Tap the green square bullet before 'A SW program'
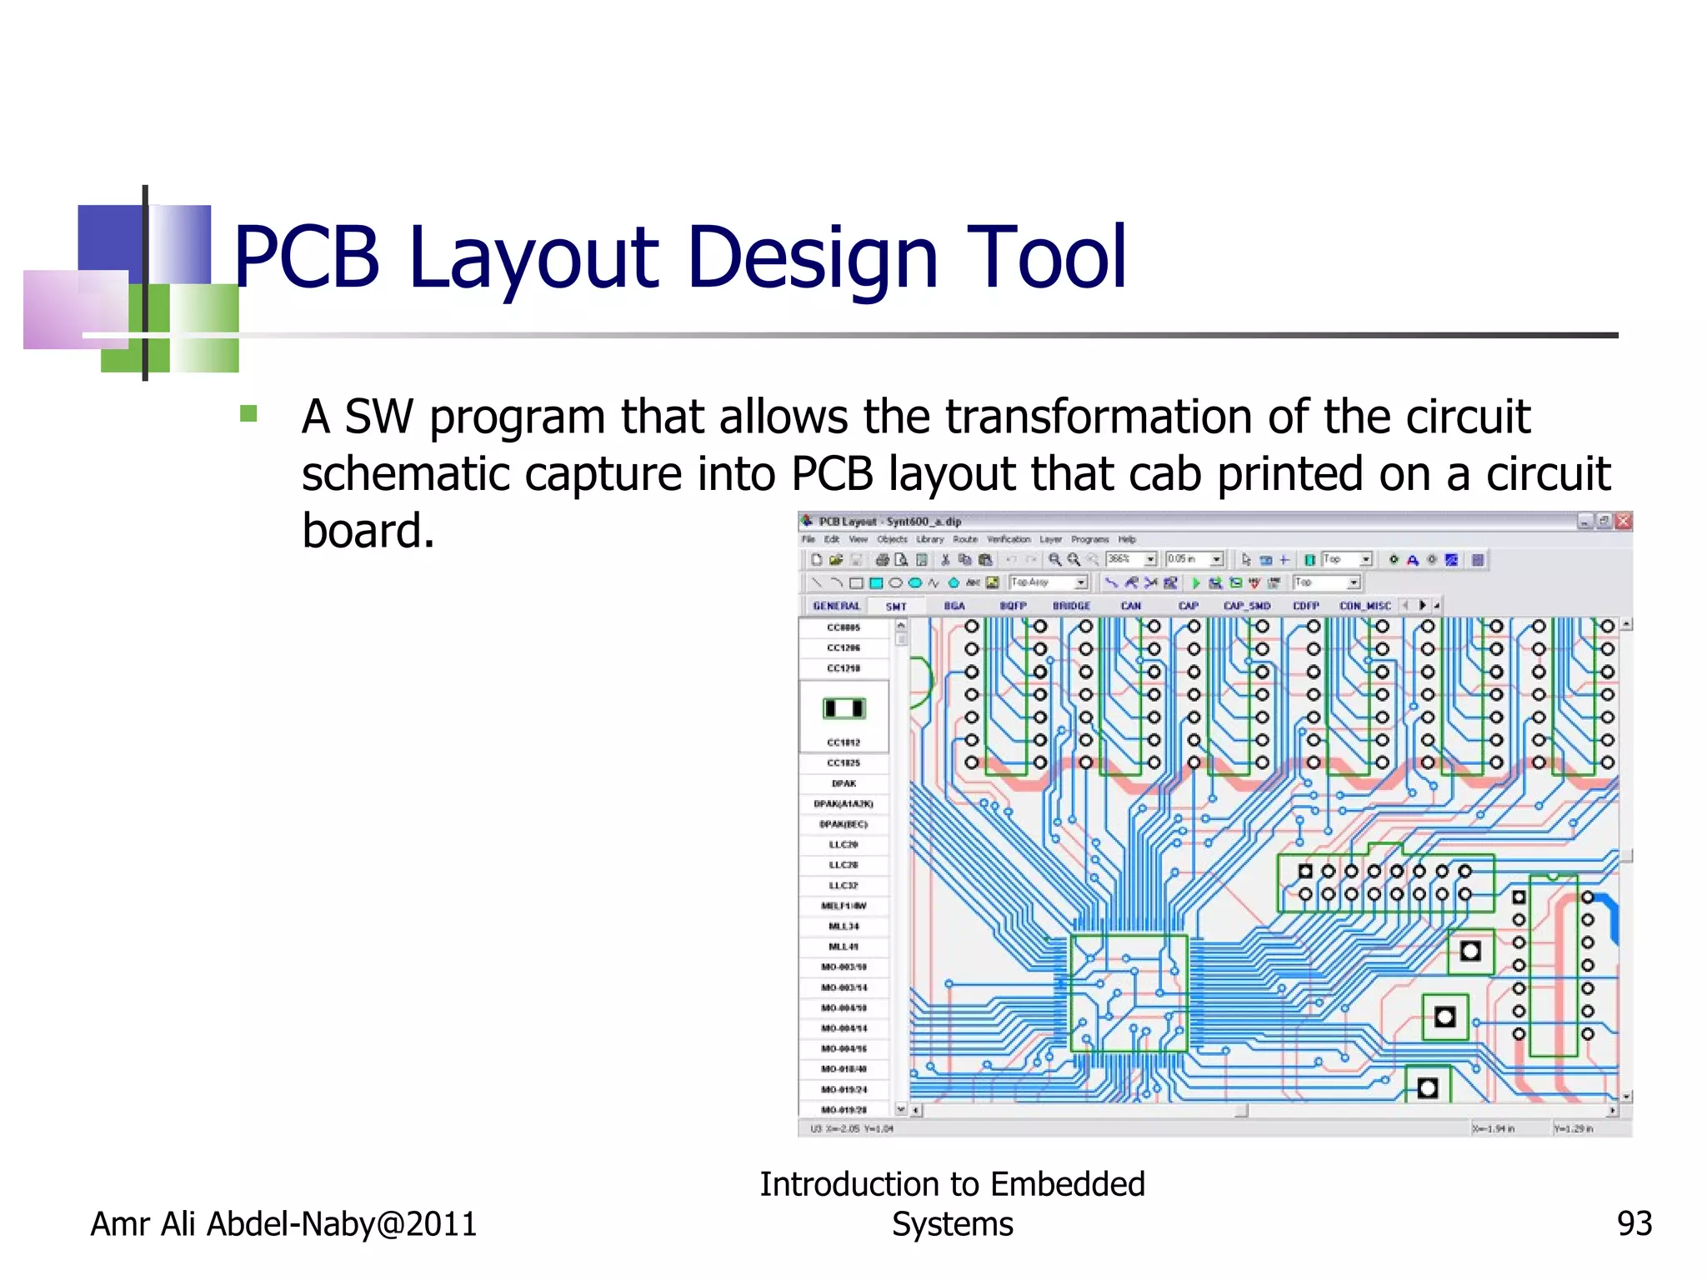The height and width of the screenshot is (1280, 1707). coord(248,413)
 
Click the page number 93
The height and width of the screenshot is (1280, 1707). coord(1634,1223)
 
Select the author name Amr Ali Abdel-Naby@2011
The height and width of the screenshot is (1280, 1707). coord(283,1223)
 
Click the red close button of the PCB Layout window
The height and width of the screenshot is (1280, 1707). coord(1623,522)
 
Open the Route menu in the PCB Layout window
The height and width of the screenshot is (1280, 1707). coord(964,539)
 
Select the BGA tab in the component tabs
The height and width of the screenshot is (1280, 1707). coord(954,606)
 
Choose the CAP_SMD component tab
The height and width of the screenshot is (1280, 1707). coord(1246,606)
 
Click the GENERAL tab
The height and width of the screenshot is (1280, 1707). coord(836,606)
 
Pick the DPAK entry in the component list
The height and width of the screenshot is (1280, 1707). coord(843,783)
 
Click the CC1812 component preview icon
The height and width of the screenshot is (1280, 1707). coord(843,708)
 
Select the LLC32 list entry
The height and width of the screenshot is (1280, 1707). coord(843,885)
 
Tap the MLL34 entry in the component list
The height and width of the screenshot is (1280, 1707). coord(843,926)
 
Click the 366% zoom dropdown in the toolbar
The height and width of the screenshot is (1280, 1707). coord(1131,559)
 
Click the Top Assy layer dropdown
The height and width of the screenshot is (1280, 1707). coord(1048,582)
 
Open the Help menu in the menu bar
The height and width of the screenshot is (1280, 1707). coord(1127,539)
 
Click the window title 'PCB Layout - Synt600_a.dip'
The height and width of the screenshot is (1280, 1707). coord(889,522)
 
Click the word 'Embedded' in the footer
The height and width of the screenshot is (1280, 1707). coord(1067,1184)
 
